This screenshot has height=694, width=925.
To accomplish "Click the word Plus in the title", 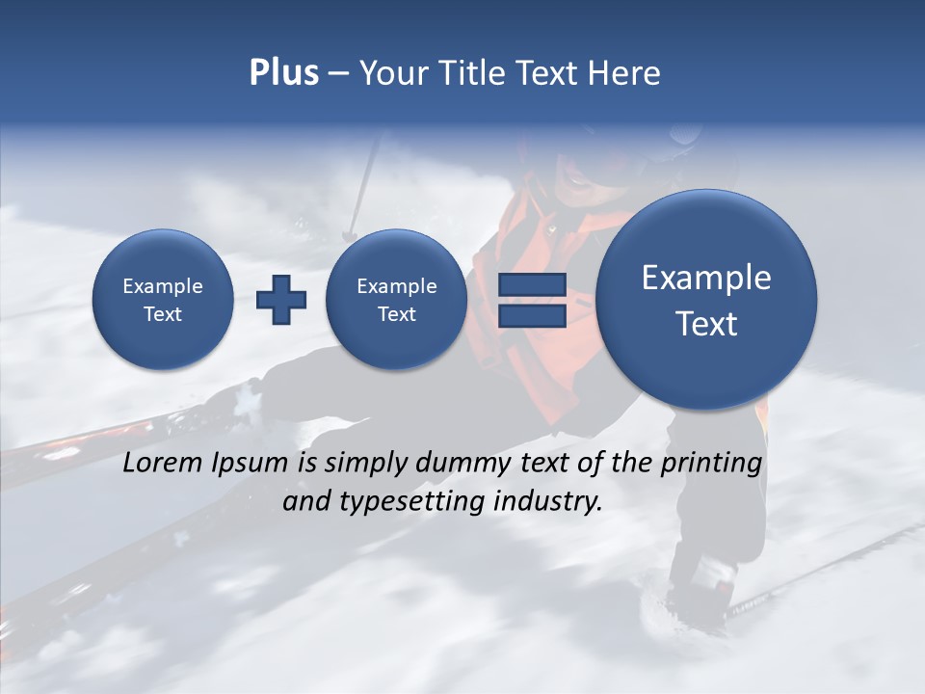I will pyautogui.click(x=283, y=73).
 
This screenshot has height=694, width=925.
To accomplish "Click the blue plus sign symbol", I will pyautogui.click(x=281, y=300).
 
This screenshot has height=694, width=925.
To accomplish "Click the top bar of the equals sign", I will pyautogui.click(x=532, y=284).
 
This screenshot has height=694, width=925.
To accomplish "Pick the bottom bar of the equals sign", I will pyautogui.click(x=532, y=315).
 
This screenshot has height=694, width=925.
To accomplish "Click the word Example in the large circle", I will pyautogui.click(x=706, y=278).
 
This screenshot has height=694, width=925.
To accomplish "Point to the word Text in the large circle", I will pyautogui.click(x=706, y=324).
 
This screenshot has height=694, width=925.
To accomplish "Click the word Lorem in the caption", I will pyautogui.click(x=163, y=463).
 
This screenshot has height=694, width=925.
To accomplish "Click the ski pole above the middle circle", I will pyautogui.click(x=364, y=183).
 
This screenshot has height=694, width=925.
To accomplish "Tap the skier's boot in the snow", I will pyautogui.click(x=700, y=588).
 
